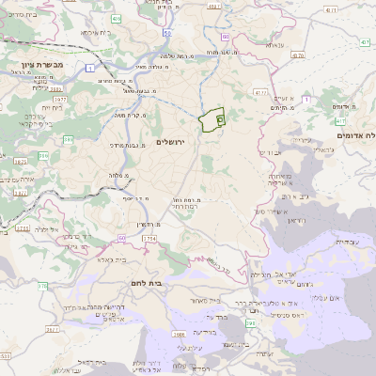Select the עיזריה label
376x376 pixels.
pos(302,140)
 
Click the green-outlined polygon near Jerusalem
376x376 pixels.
pos(212,120)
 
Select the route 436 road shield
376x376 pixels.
pos(115,18)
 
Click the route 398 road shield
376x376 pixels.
pos(251,324)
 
